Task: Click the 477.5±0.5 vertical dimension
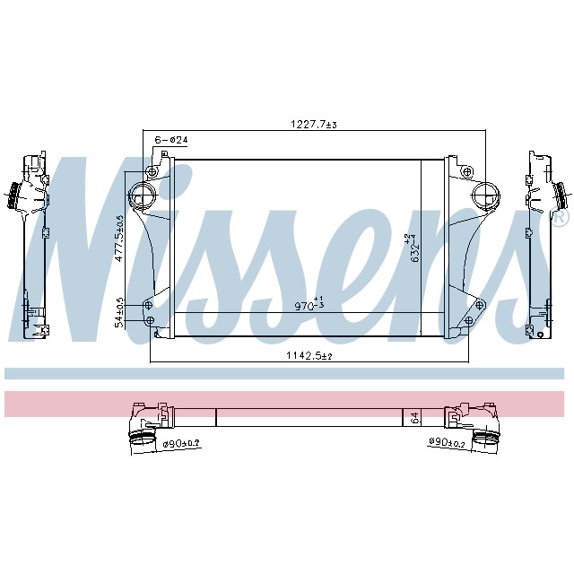(x=119, y=238)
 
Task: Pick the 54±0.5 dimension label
(x=119, y=313)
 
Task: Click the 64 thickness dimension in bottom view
(x=414, y=417)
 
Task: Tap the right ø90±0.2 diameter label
(x=446, y=443)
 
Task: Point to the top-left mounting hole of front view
(x=152, y=171)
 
